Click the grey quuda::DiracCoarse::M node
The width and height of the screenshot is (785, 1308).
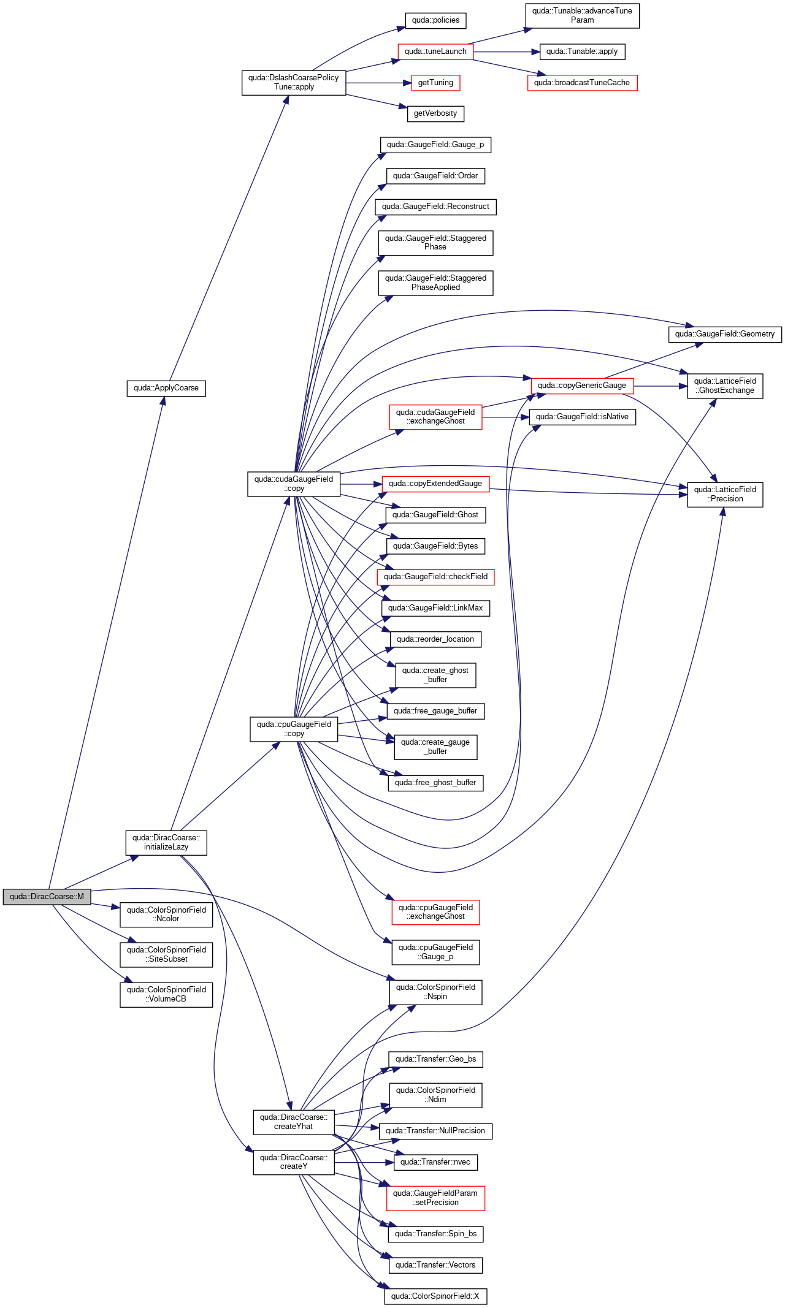(x=47, y=897)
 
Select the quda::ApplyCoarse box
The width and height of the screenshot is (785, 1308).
(x=166, y=388)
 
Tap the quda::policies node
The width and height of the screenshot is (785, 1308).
(x=435, y=20)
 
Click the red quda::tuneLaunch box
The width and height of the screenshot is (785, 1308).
(x=435, y=51)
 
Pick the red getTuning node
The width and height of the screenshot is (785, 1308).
(x=435, y=83)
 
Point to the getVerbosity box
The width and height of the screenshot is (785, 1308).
(x=435, y=113)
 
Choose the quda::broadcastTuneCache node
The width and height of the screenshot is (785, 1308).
(x=582, y=83)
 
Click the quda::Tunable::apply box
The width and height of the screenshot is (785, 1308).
(x=582, y=51)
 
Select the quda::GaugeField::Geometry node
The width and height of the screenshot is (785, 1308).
(x=725, y=334)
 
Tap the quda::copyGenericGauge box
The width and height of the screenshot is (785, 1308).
(x=582, y=386)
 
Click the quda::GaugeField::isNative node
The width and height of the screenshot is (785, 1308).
(x=582, y=417)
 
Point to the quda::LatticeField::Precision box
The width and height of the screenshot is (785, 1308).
(x=725, y=494)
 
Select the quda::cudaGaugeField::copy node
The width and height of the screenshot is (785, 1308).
(x=294, y=484)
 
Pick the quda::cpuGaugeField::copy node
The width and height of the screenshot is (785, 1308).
(x=294, y=729)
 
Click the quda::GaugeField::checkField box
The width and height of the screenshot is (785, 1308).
(x=435, y=577)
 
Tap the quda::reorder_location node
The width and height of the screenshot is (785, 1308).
(x=435, y=639)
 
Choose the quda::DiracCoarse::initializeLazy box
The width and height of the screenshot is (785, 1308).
(x=166, y=842)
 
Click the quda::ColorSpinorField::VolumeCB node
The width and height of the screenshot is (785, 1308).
(x=166, y=994)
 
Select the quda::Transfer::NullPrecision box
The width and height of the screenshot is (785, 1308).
(x=435, y=1131)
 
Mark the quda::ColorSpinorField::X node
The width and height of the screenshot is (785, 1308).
(x=435, y=1296)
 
